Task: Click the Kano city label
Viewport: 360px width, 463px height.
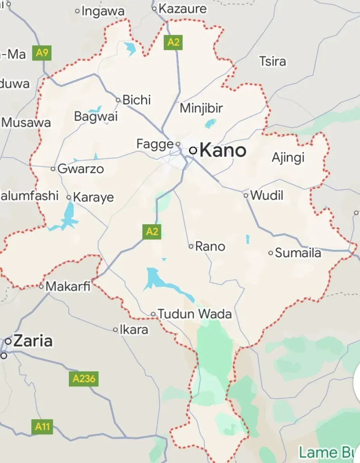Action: (223, 150)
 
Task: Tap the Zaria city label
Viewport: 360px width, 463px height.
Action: (33, 341)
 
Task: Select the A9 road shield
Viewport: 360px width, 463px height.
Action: (42, 53)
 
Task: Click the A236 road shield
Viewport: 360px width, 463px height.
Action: (84, 378)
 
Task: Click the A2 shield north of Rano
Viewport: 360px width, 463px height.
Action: (152, 231)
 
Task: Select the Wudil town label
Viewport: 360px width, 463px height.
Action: (267, 195)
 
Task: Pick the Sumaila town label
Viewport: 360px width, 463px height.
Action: (298, 253)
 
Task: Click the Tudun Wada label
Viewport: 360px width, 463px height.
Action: (195, 314)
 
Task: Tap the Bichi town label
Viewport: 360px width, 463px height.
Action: (137, 99)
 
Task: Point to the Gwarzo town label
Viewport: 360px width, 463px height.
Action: (81, 169)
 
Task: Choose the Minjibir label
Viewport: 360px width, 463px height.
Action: (201, 109)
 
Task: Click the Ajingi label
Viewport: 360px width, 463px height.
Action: (288, 157)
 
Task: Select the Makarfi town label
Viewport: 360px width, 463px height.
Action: (68, 286)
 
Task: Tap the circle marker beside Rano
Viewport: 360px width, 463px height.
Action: (191, 246)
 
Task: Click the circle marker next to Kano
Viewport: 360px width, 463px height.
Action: (193, 151)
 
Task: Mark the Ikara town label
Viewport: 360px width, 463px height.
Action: (134, 330)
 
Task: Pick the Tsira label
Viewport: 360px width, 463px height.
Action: (273, 61)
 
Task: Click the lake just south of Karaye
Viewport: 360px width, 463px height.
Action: (68, 215)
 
